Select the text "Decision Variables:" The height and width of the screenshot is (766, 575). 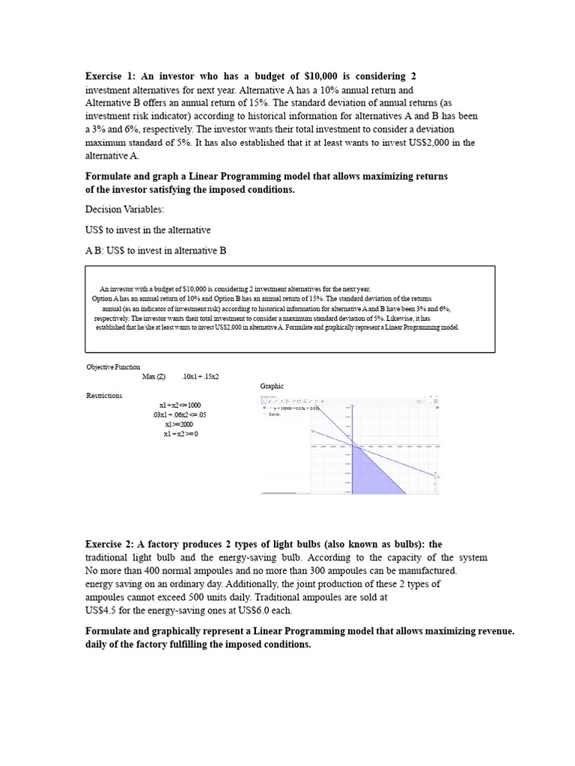[x=124, y=209]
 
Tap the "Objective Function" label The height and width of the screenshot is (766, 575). [x=113, y=367]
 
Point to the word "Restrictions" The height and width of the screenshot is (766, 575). [x=104, y=396]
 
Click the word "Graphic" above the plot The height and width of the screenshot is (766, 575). [x=273, y=386]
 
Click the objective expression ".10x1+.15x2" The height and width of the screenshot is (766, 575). [x=200, y=376]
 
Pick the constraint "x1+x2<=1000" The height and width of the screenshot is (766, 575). [x=180, y=405]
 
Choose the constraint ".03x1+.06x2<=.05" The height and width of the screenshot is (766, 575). [x=180, y=415]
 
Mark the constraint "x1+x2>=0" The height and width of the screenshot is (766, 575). [x=180, y=434]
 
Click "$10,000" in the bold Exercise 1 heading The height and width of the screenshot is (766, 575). [x=323, y=77]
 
